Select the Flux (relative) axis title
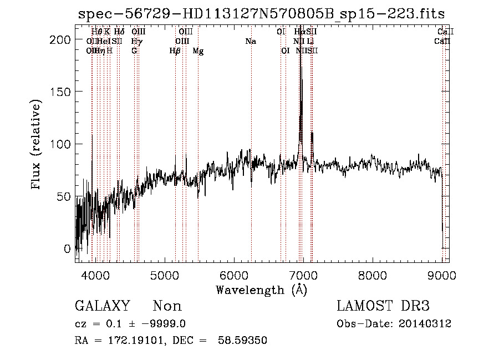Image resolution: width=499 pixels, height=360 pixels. point(37,145)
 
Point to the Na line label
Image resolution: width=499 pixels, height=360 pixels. point(251,42)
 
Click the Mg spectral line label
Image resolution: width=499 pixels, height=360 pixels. point(198,52)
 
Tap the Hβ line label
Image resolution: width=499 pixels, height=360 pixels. point(175,52)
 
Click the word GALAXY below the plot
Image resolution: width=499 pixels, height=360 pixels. point(102,306)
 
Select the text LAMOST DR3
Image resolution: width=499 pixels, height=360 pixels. point(383,306)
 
